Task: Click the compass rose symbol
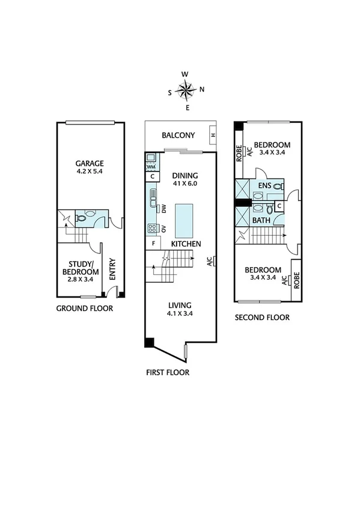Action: [x=186, y=91]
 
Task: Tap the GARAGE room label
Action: [x=90, y=163]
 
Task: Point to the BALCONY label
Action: [x=177, y=135]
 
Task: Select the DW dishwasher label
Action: [x=163, y=208]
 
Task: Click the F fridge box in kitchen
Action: [x=154, y=244]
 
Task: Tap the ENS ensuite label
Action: [x=265, y=186]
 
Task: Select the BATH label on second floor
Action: [x=261, y=221]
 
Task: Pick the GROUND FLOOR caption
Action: [x=84, y=309]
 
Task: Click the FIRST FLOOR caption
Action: [x=168, y=372]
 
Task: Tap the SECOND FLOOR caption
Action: [x=261, y=318]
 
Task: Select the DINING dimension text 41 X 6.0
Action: [x=185, y=183]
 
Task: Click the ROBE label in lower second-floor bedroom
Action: [x=296, y=279]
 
